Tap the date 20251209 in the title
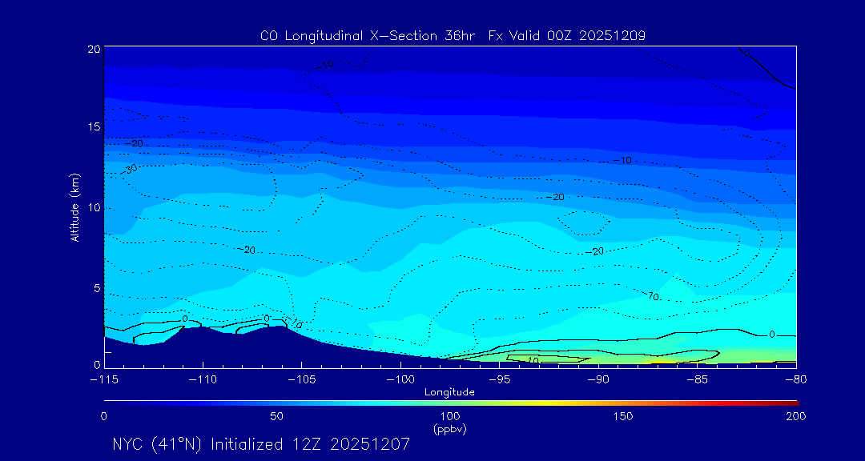tap(611, 36)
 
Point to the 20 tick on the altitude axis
tap(94, 49)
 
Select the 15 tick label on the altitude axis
tap(94, 127)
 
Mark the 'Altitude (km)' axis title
tap(74, 207)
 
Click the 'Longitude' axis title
tap(450, 392)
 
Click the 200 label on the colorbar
tap(795, 417)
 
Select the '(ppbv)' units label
tap(450, 429)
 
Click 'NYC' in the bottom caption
tap(128, 444)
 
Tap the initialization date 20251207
tap(370, 444)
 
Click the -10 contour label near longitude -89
tap(622, 161)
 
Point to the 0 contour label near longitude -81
tap(771, 334)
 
